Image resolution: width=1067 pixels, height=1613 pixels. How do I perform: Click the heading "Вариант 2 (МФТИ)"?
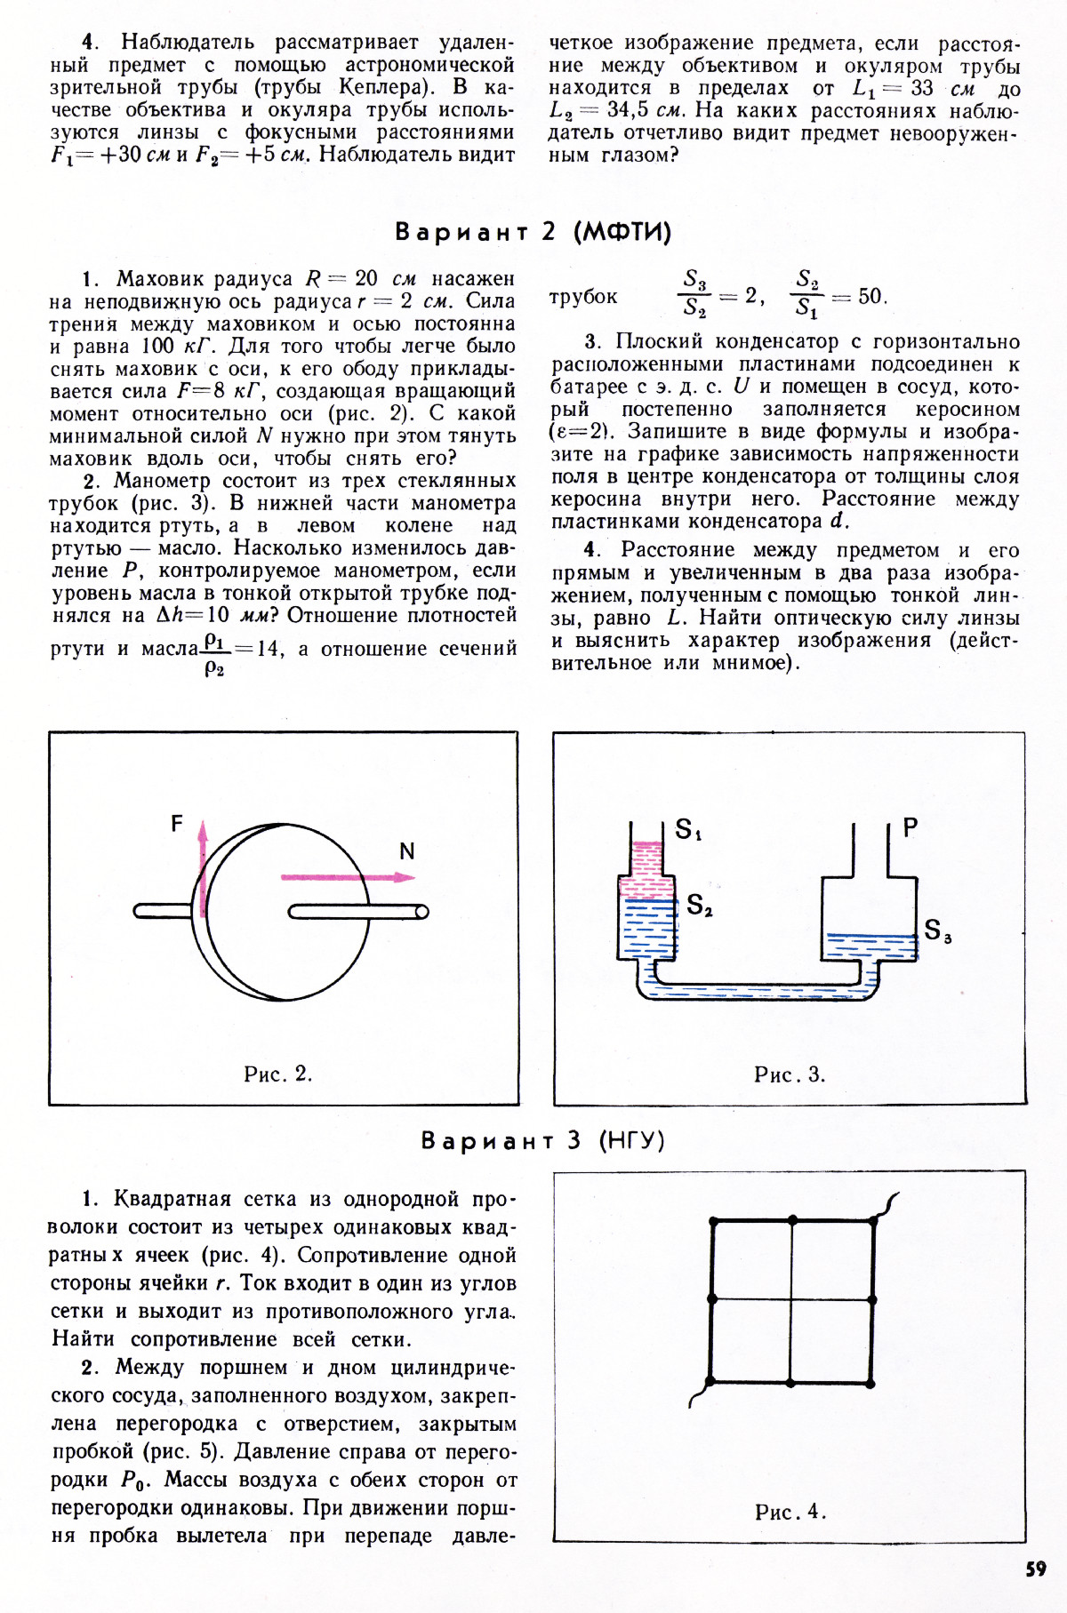click(x=533, y=232)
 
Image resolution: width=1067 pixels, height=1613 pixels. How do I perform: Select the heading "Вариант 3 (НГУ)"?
click(x=542, y=1140)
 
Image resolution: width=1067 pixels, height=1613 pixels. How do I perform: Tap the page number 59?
click(x=1036, y=1569)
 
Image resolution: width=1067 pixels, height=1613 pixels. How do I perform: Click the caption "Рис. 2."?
click(x=277, y=1074)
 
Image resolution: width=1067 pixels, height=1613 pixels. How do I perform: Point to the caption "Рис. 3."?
click(x=790, y=1074)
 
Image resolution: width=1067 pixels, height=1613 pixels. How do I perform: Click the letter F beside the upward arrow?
click(x=177, y=824)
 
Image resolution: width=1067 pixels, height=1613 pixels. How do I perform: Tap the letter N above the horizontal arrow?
click(x=407, y=851)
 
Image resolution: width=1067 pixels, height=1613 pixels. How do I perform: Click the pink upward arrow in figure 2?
click(x=203, y=866)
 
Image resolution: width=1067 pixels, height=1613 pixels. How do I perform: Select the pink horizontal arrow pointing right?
click(x=347, y=877)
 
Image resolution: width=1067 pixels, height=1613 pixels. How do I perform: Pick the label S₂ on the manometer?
click(x=699, y=906)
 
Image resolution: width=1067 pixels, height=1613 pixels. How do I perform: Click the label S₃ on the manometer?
click(x=937, y=930)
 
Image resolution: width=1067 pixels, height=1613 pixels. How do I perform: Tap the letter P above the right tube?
click(x=910, y=827)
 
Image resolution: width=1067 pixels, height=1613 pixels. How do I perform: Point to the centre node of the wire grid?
click(x=791, y=1300)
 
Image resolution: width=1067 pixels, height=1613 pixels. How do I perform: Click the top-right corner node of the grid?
click(x=873, y=1220)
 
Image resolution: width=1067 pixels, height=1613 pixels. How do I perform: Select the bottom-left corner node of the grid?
click(x=710, y=1382)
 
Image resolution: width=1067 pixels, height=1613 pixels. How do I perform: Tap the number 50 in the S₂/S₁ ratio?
click(x=871, y=296)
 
